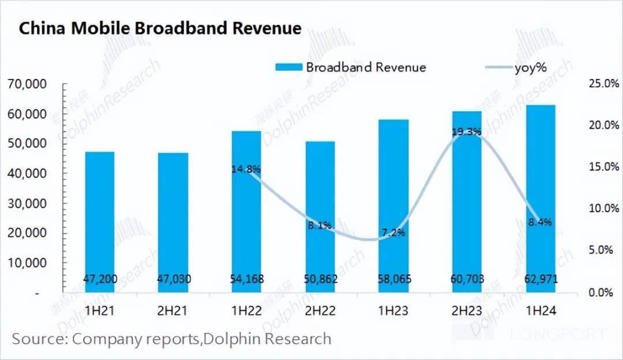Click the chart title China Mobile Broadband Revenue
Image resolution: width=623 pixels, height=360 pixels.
click(160, 29)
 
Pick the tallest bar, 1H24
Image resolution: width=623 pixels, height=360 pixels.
click(541, 199)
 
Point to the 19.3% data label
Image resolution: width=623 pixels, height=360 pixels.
click(466, 132)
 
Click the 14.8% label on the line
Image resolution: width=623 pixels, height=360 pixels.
click(246, 169)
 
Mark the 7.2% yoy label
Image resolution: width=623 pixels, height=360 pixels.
click(393, 233)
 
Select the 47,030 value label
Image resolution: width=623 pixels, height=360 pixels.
click(173, 280)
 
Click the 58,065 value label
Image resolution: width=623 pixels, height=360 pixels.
click(394, 280)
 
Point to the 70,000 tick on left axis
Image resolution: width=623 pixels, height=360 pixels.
click(28, 84)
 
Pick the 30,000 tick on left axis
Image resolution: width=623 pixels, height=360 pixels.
click(28, 204)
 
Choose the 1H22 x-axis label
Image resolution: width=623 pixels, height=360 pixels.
click(246, 312)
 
